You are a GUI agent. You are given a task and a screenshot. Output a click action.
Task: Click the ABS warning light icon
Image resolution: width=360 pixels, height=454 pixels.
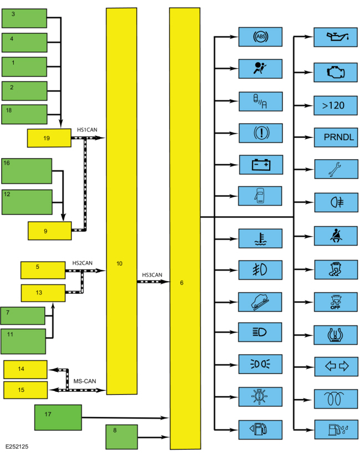(260, 37)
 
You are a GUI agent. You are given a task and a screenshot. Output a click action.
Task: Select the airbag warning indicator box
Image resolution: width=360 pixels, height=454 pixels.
(260, 69)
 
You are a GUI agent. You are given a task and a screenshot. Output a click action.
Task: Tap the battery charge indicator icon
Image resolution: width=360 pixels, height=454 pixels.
(260, 165)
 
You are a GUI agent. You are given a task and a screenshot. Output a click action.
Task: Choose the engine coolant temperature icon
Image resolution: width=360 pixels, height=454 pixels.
(260, 238)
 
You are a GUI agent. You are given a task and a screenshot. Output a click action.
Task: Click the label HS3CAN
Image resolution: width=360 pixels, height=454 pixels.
(152, 274)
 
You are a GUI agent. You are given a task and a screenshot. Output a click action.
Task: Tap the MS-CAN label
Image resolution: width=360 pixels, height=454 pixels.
(85, 381)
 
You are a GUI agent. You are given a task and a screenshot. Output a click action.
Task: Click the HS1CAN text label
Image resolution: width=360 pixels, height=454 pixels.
(88, 129)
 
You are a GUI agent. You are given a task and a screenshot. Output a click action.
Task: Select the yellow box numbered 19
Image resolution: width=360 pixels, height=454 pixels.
(49, 138)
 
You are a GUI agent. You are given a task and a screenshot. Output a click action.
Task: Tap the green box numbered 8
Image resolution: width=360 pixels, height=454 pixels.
(121, 436)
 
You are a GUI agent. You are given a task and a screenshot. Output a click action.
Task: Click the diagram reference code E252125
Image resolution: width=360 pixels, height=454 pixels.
(19, 446)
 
